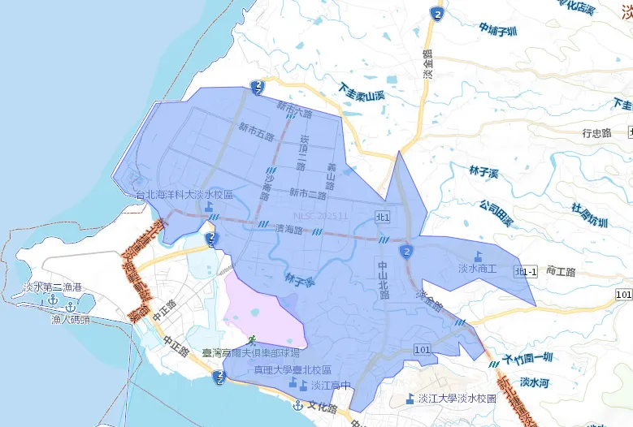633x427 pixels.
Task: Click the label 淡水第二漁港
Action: pos(53,287)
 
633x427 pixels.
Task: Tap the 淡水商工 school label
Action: pos(477,268)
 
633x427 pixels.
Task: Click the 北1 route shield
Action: pos(384,217)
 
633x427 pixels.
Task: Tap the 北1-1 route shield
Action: pos(526,272)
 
